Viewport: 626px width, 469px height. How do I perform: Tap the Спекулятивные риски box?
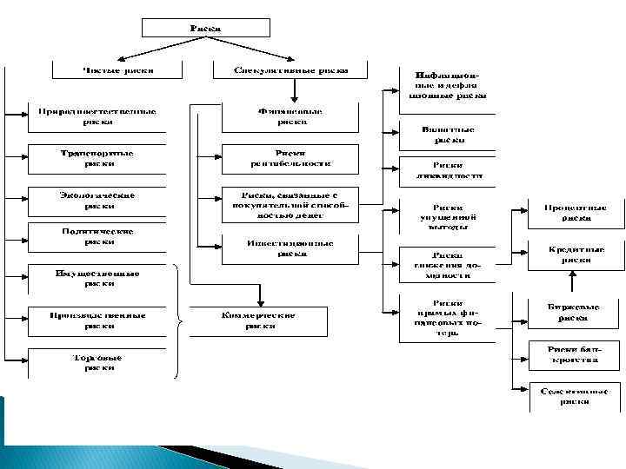[x=291, y=69]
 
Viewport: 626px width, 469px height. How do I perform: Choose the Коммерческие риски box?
[x=262, y=320]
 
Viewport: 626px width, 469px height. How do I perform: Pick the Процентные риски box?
[x=576, y=213]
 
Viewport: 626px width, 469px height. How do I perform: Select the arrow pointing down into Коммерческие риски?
[x=262, y=295]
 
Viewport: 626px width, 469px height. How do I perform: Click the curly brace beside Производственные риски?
[x=178, y=321]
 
